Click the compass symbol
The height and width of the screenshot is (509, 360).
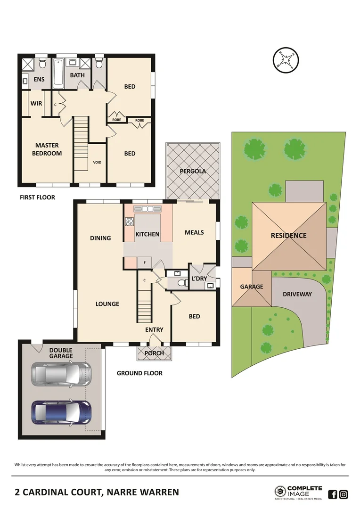pyautogui.click(x=286, y=61)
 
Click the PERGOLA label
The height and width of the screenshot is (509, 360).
pyautogui.click(x=193, y=171)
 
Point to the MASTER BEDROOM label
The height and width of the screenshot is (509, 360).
pyautogui.click(x=47, y=149)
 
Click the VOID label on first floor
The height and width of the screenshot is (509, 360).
pyautogui.click(x=97, y=163)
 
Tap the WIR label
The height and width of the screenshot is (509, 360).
pyautogui.click(x=36, y=103)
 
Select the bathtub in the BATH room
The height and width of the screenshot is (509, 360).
pyautogui.click(x=58, y=73)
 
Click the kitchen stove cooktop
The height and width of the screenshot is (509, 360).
pyautogui.click(x=129, y=221)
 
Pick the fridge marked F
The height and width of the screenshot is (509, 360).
pyautogui.click(x=143, y=262)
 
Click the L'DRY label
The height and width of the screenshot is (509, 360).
pyautogui.click(x=199, y=279)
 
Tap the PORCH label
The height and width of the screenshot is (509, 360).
pyautogui.click(x=154, y=353)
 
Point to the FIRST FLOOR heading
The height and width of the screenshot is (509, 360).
pyautogui.click(x=37, y=197)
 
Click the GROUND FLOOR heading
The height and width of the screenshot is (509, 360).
pyautogui.click(x=139, y=373)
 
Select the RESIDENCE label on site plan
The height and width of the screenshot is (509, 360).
pyautogui.click(x=288, y=236)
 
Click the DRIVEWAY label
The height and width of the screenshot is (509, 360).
pyautogui.click(x=297, y=294)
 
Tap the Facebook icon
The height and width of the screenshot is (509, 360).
pyautogui.click(x=332, y=494)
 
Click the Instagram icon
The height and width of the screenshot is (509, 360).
pyautogui.click(x=344, y=494)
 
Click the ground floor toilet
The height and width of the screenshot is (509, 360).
pyautogui.click(x=178, y=283)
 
